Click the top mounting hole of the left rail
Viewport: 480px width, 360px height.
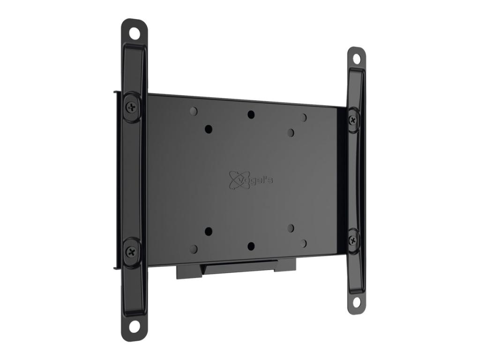click(135, 33)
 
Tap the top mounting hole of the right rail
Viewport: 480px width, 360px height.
click(356, 59)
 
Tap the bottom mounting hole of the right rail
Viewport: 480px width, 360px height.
click(356, 301)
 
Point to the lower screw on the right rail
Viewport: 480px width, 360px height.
click(353, 240)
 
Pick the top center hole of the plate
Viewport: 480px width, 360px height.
click(251, 114)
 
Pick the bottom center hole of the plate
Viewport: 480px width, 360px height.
click(251, 246)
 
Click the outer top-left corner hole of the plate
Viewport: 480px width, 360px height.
click(194, 111)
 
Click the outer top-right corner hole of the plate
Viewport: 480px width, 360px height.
click(303, 117)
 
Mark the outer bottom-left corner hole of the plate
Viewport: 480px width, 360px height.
click(194, 248)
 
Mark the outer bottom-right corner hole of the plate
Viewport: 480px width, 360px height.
click(303, 243)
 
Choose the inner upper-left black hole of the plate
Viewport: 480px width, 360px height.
click(209, 128)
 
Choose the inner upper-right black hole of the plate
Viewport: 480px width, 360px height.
click(291, 133)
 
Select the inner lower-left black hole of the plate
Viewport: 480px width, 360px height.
click(209, 231)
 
